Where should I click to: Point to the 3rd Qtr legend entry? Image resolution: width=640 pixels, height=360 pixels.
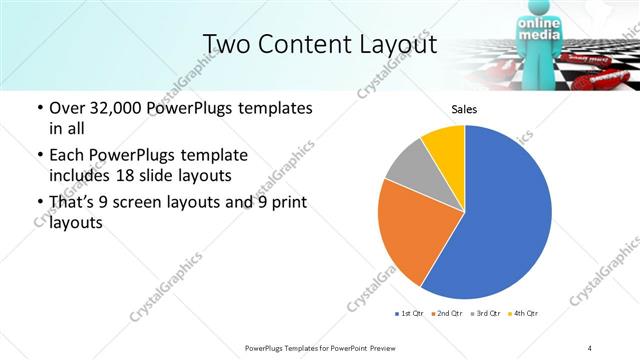[484, 314]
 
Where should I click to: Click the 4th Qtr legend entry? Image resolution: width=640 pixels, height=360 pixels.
[523, 314]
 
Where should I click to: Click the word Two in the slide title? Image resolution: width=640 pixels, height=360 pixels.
[226, 44]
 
